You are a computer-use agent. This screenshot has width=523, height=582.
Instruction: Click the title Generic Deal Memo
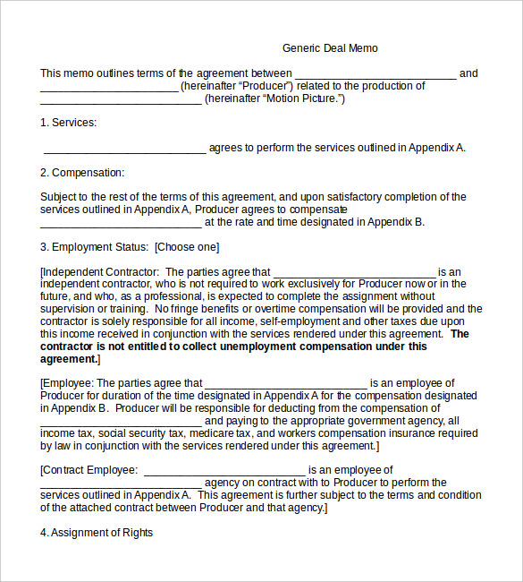click(x=330, y=48)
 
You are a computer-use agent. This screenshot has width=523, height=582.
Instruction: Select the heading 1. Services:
click(x=68, y=123)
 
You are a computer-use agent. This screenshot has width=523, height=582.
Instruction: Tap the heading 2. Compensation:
click(x=82, y=173)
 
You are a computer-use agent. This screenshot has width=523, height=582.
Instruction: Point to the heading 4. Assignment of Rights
click(x=97, y=533)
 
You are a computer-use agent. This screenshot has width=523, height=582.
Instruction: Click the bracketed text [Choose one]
click(x=187, y=247)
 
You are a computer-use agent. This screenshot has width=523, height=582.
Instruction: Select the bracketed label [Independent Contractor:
click(x=100, y=272)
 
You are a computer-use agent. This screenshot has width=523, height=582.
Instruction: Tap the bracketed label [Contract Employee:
click(x=89, y=469)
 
